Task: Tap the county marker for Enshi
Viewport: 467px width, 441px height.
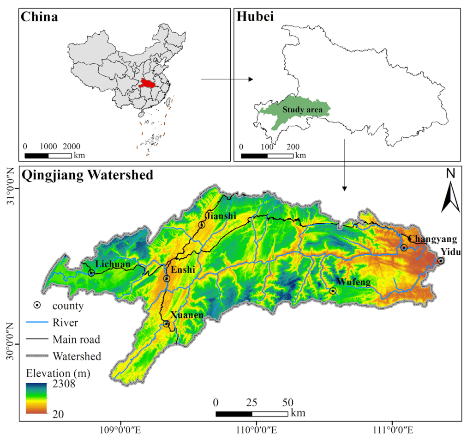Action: [x=167, y=279]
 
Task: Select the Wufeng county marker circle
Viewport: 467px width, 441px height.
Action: [x=333, y=291]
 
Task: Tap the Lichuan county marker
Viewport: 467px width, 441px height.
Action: [x=91, y=273]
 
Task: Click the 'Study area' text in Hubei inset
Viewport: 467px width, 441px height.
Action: [x=300, y=110]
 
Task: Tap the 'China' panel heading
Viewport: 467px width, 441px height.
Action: [x=39, y=17]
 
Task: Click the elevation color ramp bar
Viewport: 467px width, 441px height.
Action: [x=36, y=398]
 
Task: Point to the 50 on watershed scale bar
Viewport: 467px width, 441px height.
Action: [x=287, y=402]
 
